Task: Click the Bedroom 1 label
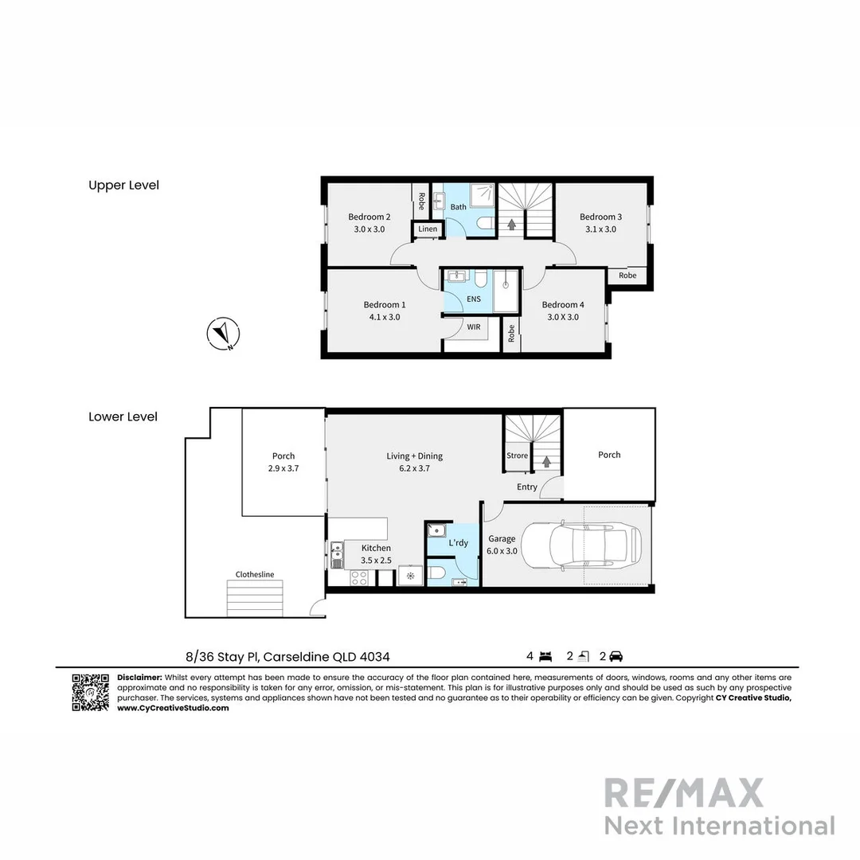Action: point(385,304)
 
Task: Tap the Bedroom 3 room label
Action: point(600,217)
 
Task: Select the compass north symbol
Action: point(224,334)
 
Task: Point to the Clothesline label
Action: point(255,574)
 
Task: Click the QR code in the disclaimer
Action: point(90,692)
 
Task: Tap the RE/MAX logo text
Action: point(683,793)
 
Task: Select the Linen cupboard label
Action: point(428,229)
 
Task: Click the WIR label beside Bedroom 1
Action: point(474,326)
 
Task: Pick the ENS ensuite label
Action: point(474,299)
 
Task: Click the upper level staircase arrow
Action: point(511,224)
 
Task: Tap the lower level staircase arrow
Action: point(546,460)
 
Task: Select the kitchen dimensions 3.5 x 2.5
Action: point(376,561)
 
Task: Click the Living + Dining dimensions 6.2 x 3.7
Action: point(414,468)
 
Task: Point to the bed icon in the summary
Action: point(545,657)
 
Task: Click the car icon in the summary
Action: point(616,657)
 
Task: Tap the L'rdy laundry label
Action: point(458,543)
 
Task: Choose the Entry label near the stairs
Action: point(527,487)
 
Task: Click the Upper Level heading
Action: point(123,185)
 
